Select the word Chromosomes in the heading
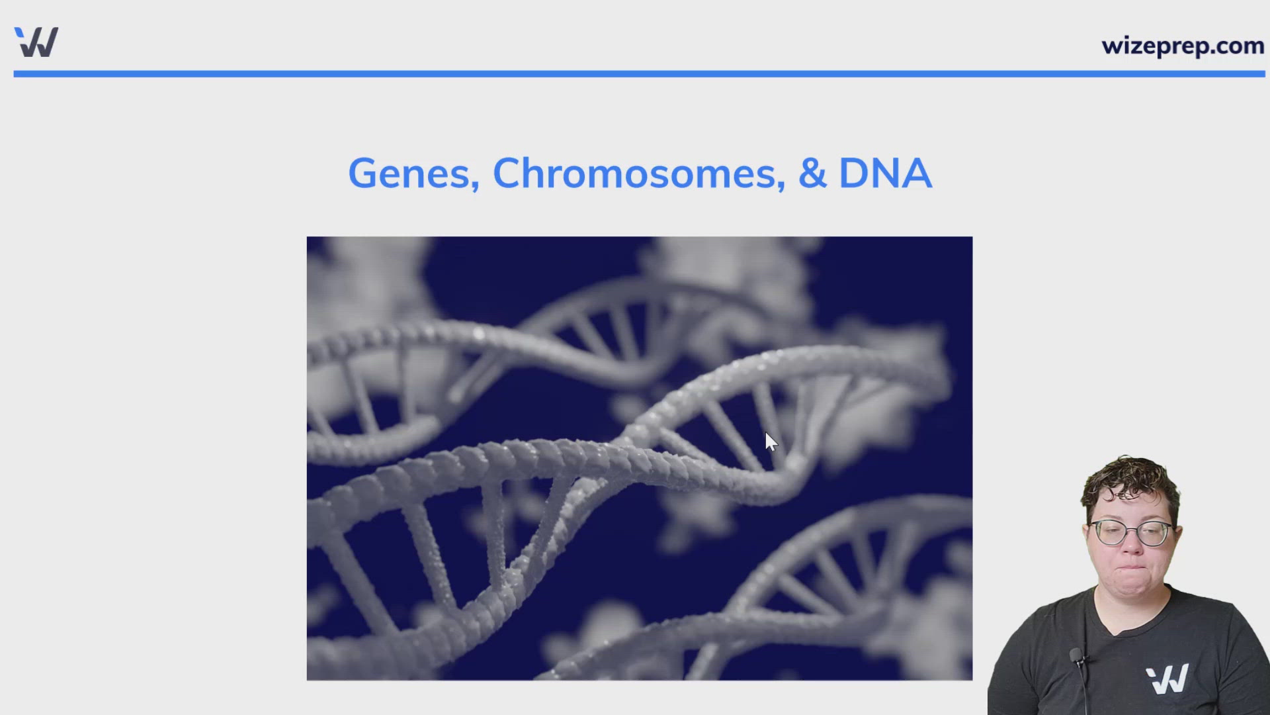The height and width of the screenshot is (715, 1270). pos(634,173)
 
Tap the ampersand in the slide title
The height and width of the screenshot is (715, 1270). pos(812,173)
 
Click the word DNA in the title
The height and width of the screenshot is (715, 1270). pos(885,173)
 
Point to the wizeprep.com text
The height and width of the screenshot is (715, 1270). pos(1183,46)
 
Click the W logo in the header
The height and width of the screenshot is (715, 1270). pos(37,42)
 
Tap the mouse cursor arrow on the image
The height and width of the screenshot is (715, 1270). pos(770,442)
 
